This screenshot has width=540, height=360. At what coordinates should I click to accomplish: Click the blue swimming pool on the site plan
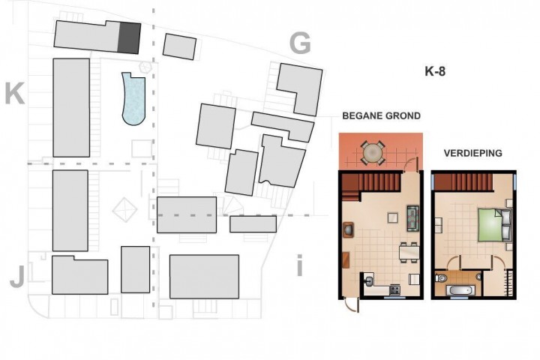point(133,100)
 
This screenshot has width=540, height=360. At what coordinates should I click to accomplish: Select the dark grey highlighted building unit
point(129,38)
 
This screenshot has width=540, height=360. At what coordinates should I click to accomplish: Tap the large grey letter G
point(300,43)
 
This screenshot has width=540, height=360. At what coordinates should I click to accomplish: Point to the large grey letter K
point(15,94)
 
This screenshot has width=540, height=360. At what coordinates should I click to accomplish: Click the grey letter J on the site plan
point(16,277)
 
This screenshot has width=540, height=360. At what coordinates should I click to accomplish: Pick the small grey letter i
point(299,265)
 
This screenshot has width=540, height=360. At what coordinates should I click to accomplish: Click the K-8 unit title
point(435,71)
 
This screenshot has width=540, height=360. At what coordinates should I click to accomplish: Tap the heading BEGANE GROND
point(381,115)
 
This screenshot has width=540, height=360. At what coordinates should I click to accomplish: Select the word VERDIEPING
point(472,153)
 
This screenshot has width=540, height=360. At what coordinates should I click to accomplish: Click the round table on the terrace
point(373,152)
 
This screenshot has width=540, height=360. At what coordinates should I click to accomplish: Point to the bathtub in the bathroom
point(460,290)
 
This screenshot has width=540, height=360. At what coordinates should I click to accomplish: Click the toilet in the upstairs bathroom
point(440,277)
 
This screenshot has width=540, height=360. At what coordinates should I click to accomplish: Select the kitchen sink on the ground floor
point(369,280)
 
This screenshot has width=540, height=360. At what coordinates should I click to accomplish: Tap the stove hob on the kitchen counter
point(394,289)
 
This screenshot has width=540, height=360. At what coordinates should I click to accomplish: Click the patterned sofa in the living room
point(412,218)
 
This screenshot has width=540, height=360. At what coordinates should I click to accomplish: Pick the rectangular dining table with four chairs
point(409,252)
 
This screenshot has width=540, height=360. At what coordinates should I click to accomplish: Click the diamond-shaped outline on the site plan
point(124,209)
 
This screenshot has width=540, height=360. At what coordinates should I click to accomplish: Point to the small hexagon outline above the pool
point(145,67)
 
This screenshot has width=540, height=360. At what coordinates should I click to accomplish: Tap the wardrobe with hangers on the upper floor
point(510,283)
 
